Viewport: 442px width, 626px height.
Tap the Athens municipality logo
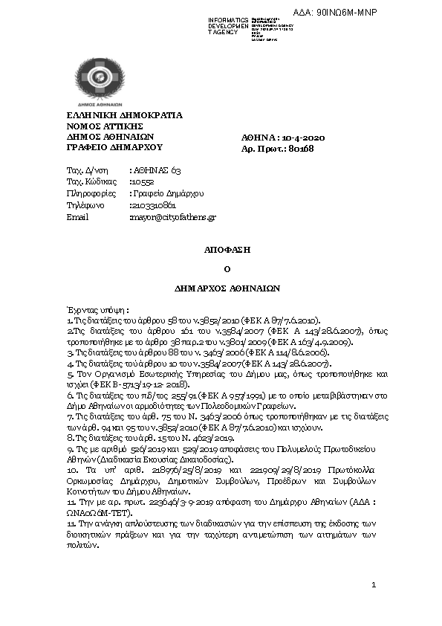(x=96, y=83)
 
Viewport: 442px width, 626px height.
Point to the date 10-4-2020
(x=305, y=138)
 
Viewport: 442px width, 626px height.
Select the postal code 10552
(x=143, y=181)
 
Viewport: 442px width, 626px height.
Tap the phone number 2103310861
(x=152, y=205)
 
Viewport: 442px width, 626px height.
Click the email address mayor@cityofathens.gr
(x=172, y=217)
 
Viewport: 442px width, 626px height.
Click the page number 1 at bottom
(x=374, y=587)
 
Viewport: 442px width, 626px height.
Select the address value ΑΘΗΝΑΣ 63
(x=155, y=170)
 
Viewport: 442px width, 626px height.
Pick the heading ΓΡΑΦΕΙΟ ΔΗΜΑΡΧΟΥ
(x=109, y=148)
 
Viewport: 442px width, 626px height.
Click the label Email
(x=77, y=217)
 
